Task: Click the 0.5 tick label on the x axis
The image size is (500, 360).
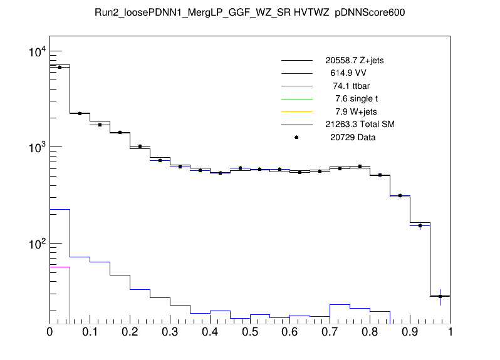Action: coord(250,332)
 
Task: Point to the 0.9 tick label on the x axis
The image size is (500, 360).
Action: coord(410,332)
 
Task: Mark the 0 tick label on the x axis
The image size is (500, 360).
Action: coord(49,332)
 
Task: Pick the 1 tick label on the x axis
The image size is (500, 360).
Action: coord(450,332)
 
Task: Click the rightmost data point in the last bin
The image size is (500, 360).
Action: coord(440,296)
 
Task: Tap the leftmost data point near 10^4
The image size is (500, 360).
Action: coord(60,67)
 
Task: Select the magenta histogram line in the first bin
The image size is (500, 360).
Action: coord(60,267)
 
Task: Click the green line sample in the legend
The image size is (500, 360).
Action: coord(296,99)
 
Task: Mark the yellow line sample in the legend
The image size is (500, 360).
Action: coord(296,111)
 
